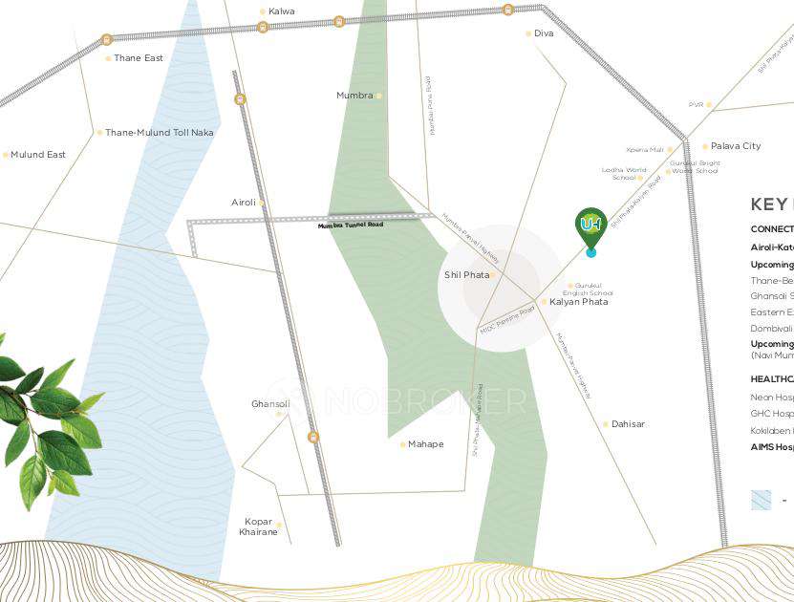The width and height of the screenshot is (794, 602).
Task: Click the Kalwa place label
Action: (282, 11)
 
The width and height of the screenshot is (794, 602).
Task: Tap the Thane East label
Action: (139, 58)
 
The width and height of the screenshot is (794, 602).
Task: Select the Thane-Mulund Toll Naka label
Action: (159, 133)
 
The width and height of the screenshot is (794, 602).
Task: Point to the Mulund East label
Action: (38, 155)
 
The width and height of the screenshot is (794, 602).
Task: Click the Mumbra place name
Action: (354, 96)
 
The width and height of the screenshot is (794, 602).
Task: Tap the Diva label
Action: (543, 33)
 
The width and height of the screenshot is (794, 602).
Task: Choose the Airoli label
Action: (243, 203)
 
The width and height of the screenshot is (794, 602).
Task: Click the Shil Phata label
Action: (466, 275)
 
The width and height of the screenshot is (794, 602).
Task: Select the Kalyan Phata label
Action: (579, 302)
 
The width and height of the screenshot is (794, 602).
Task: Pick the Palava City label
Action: (736, 146)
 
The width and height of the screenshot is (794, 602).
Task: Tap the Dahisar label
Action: (629, 424)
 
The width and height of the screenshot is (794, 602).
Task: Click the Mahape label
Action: (425, 444)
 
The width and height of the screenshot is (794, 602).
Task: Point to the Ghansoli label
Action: (269, 404)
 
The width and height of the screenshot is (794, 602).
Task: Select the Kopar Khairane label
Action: (258, 527)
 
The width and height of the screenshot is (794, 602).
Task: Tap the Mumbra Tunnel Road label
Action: (351, 226)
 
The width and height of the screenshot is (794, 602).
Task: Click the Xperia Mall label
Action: (645, 150)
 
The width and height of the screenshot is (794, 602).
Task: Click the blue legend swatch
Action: (761, 500)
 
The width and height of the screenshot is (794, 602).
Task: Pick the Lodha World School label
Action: (623, 174)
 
